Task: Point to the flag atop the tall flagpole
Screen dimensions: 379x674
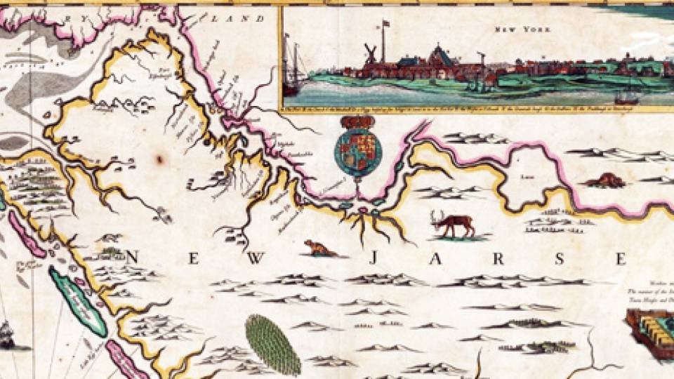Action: pyautogui.click(x=385, y=24)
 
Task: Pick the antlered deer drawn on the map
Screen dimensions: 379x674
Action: pyautogui.click(x=454, y=223)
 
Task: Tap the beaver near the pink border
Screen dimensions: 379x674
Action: pyautogui.click(x=604, y=180)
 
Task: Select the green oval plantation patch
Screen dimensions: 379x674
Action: pyautogui.click(x=273, y=344)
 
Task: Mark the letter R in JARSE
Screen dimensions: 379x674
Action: pyautogui.click(x=499, y=259)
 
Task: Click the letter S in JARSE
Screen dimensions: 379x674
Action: pyautogui.click(x=560, y=259)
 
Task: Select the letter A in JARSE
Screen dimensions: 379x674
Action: pyautogui.click(x=435, y=259)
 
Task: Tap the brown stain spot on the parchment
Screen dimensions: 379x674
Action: pyautogui.click(x=159, y=159)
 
